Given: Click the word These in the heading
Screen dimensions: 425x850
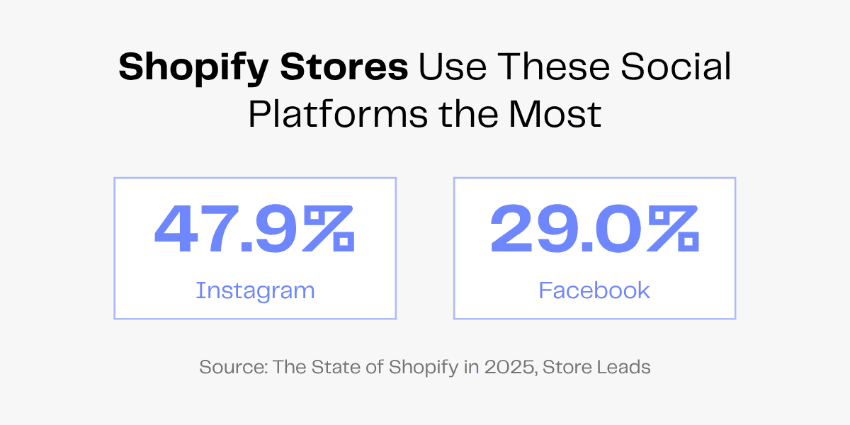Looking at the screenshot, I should point(548,67).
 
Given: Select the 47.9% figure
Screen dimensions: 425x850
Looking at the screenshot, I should point(254,229).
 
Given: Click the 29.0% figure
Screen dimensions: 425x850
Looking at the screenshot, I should point(594,229).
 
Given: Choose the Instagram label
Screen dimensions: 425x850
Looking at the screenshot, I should point(255,290).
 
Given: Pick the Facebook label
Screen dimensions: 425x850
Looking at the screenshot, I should point(594,290).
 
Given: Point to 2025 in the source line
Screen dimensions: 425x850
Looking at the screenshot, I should point(504,368).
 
